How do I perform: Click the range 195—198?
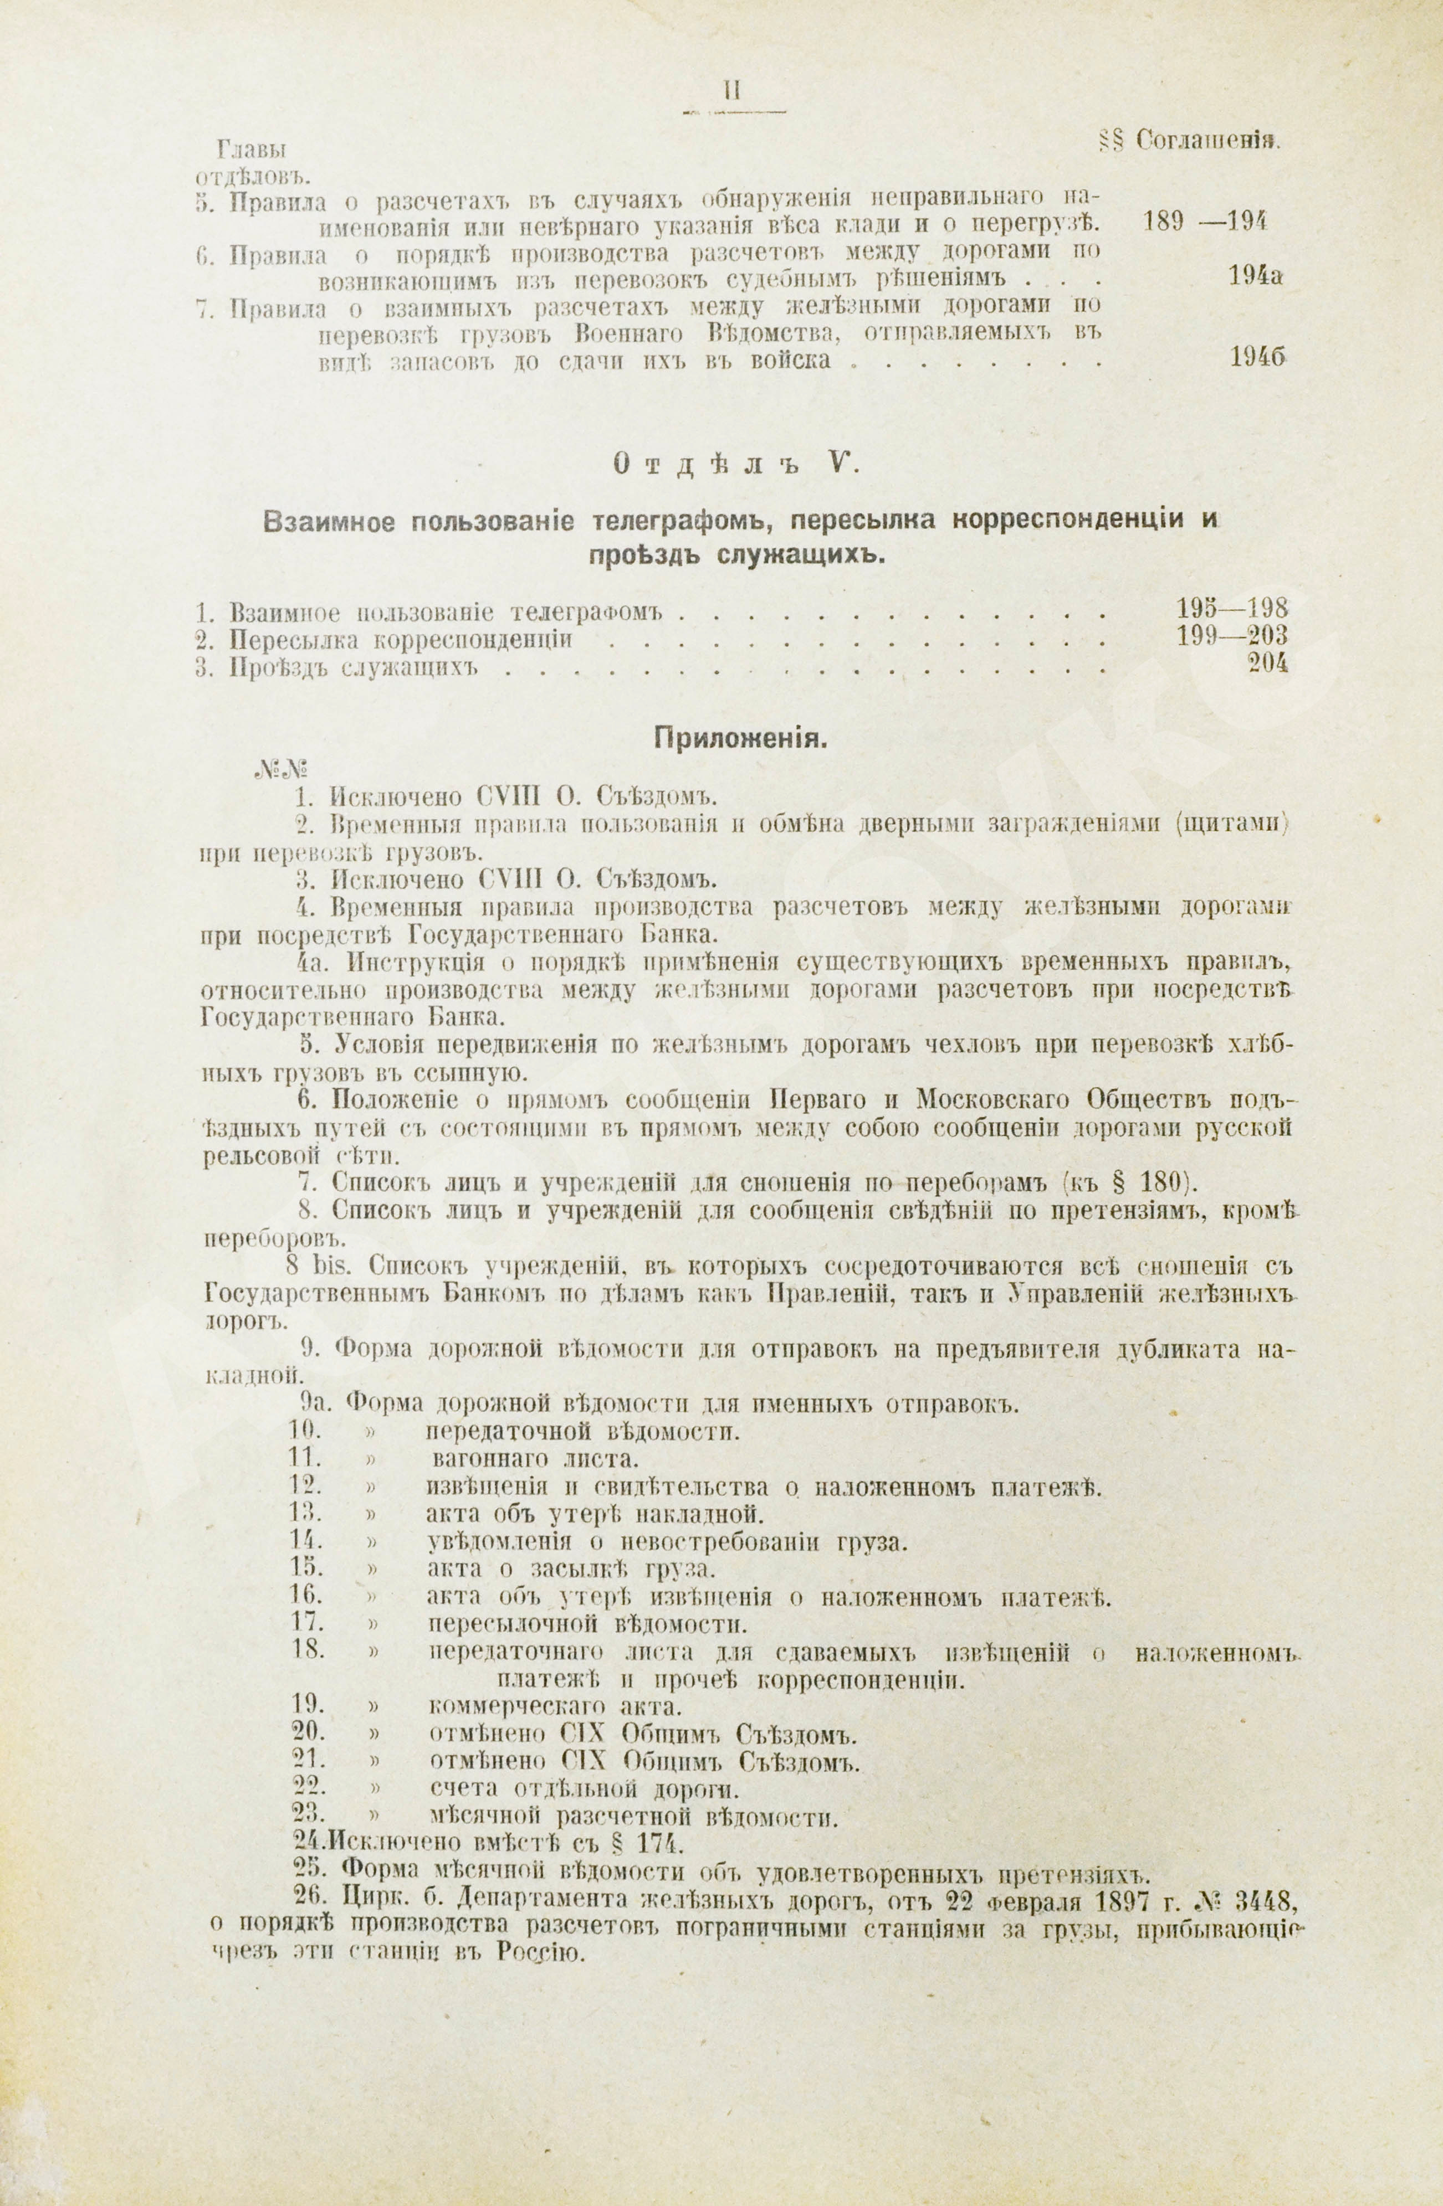coord(1232,610)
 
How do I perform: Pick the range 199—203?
coord(1232,637)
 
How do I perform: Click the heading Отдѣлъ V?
coord(736,467)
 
